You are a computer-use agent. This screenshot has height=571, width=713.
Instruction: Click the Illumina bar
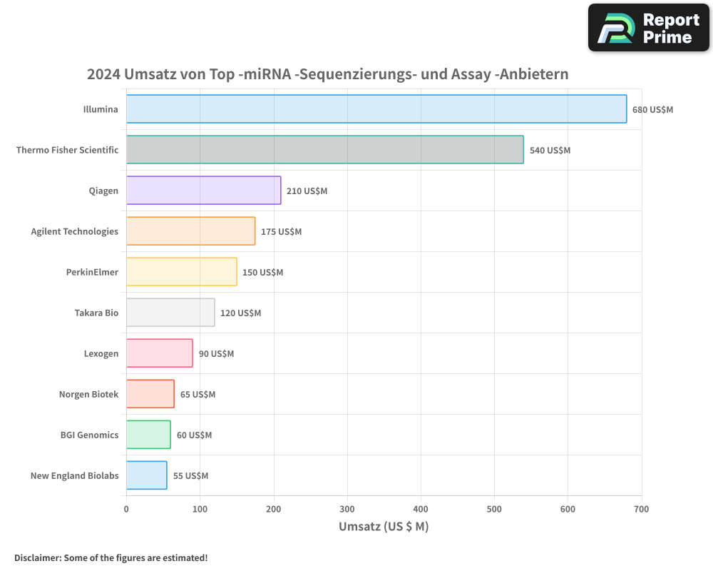coord(376,109)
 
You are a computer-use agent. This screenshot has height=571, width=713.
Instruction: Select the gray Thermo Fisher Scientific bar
coord(325,150)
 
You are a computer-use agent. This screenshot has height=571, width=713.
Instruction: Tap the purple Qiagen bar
coord(204,191)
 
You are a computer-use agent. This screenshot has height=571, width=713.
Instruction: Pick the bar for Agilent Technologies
coord(191,231)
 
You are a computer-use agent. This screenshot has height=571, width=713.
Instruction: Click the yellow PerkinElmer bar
coord(182,272)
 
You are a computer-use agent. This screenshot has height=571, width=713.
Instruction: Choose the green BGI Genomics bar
coord(148,435)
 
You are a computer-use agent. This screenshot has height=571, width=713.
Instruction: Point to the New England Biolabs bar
coord(147,475)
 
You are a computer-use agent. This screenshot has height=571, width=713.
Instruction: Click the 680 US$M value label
coord(652,110)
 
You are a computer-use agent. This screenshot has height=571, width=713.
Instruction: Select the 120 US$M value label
coord(241,313)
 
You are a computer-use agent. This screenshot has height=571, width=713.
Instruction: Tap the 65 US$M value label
coord(198,395)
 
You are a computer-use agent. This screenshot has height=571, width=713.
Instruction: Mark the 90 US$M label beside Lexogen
coord(216,354)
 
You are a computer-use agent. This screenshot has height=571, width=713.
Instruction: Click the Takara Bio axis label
coord(96,313)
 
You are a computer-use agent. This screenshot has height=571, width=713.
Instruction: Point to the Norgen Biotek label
coord(88,394)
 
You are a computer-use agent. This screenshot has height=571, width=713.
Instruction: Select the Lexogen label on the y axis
coord(101,353)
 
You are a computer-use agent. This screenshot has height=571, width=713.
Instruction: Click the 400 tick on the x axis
coord(421,509)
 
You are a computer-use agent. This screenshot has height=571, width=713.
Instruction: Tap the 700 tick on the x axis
coord(641,509)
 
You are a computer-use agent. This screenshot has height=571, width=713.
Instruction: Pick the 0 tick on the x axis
coord(126,509)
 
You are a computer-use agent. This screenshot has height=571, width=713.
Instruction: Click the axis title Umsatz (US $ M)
coord(384,527)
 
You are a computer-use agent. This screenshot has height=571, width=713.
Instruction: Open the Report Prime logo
coord(648,28)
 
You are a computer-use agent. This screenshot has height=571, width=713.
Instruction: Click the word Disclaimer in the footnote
coord(36,557)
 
